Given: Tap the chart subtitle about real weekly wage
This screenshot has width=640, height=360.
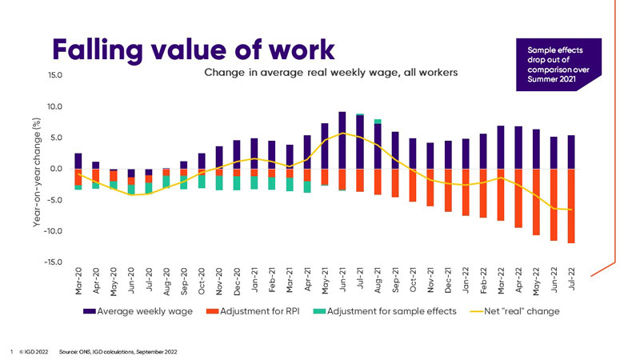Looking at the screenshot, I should [x=330, y=73].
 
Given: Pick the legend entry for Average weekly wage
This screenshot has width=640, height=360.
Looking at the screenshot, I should [x=140, y=310].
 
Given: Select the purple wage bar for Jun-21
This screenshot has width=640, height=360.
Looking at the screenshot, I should [x=342, y=140].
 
